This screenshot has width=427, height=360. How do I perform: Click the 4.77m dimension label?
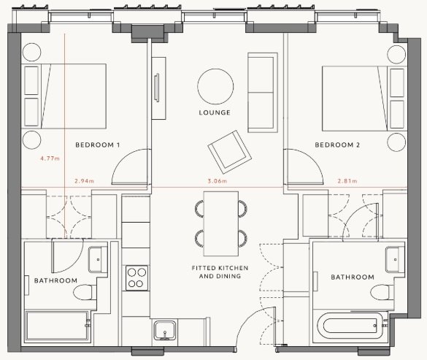[x=50, y=158]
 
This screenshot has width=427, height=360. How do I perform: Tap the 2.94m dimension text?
[x=84, y=180]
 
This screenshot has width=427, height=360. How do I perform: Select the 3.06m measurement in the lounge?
[x=218, y=180]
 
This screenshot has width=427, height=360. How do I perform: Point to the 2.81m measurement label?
[x=347, y=180]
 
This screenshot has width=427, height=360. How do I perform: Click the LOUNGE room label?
[x=215, y=112]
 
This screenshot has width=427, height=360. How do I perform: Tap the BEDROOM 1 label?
[x=98, y=145]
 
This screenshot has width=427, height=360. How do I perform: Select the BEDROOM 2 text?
[x=337, y=145]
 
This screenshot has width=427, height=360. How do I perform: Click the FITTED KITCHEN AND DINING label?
[x=220, y=272]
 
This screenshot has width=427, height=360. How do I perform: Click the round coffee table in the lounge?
[x=215, y=86]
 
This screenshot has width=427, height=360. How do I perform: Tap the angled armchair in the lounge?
[x=230, y=152]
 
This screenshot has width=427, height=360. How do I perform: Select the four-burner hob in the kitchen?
[x=137, y=278]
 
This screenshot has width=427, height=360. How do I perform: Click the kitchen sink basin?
[x=165, y=330]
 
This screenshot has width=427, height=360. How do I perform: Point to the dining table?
[x=221, y=223]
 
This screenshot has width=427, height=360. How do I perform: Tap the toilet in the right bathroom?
[x=382, y=292]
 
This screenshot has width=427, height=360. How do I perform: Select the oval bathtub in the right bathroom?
[x=350, y=326]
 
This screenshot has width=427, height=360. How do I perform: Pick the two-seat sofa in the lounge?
[x=263, y=93]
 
